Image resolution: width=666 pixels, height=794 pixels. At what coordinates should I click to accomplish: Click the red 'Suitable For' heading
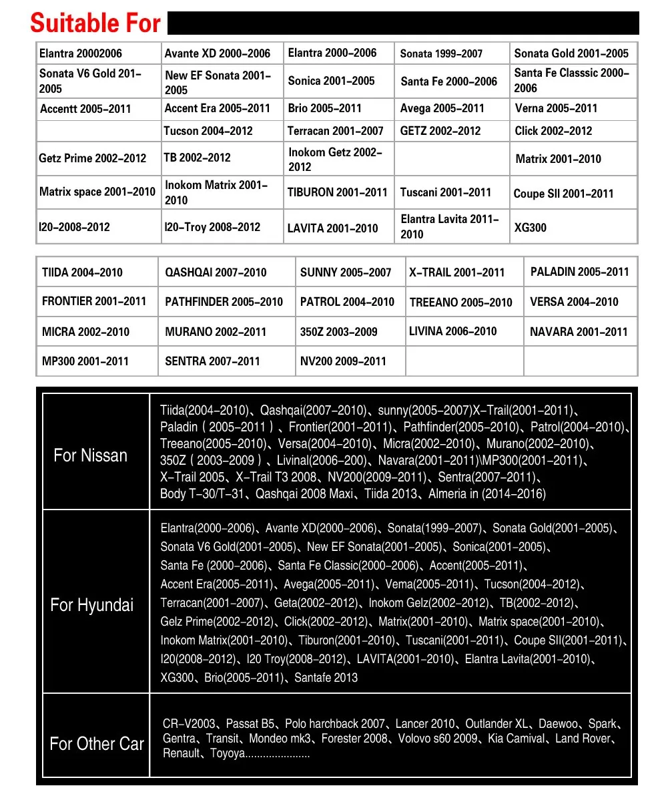95,23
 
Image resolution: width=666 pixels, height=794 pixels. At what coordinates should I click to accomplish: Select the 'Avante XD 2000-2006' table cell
218,53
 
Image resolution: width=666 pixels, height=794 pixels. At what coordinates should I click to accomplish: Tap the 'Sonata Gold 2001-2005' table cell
571,53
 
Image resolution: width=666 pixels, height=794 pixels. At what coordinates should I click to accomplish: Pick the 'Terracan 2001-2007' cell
335,131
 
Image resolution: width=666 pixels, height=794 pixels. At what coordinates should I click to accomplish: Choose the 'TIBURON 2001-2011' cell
337,192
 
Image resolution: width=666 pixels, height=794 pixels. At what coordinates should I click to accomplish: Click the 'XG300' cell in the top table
531,228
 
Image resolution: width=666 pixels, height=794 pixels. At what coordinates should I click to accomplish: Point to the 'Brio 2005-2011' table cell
324,108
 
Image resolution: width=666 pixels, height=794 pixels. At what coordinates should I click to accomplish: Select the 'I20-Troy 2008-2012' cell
212,227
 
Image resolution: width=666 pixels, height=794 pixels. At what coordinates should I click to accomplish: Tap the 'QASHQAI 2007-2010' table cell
216,272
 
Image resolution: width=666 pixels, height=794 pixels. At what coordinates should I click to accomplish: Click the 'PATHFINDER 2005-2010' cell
224,302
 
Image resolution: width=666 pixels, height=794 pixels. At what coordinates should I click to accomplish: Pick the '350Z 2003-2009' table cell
338,332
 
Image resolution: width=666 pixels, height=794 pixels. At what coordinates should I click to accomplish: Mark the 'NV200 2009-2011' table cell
343,361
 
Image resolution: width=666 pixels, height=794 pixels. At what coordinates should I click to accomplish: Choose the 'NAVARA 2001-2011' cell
579,332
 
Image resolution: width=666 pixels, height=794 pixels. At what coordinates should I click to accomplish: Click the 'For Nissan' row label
90,456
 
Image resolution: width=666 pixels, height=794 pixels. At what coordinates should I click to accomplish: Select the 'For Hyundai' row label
92,606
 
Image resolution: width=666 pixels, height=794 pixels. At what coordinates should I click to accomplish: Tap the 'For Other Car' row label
97,744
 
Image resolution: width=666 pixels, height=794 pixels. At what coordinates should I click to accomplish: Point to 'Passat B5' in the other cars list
250,724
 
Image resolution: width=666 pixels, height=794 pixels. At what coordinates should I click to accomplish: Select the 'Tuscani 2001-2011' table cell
445,192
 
